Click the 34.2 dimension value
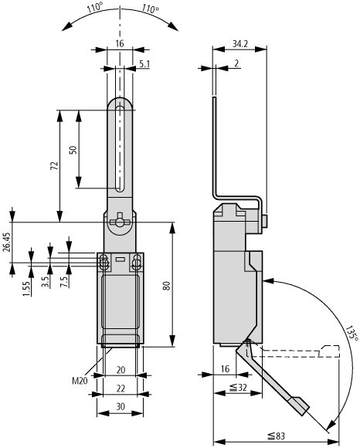[x=239, y=44]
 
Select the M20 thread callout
[x=80, y=381]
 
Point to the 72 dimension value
[x=54, y=166]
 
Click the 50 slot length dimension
[x=73, y=150]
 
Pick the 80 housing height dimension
[x=166, y=286]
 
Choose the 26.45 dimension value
[x=7, y=243]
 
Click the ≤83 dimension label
[x=276, y=436]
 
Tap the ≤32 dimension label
[x=238, y=387]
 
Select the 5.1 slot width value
[x=144, y=64]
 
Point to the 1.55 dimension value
[x=26, y=289]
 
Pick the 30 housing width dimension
[x=121, y=406]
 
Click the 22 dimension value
[x=121, y=389]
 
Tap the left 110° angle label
[x=95, y=8]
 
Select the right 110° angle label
[x=151, y=8]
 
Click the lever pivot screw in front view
[x=120, y=222]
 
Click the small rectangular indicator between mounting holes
[x=120, y=260]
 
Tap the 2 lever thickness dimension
[x=236, y=63]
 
